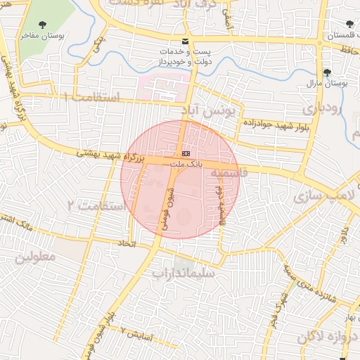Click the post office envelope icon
(x=185, y=41)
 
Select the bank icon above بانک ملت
(x=186, y=153)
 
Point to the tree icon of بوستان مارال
(x=327, y=72)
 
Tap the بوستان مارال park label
(x=328, y=84)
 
